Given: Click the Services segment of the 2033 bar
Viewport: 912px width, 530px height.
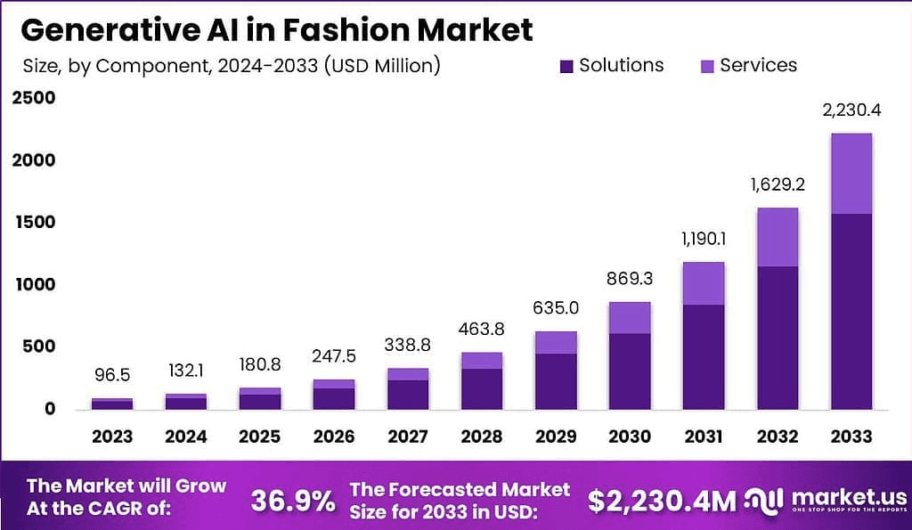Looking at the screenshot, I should tap(851, 174).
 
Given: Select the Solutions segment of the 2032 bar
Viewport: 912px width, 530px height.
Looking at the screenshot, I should tap(777, 338).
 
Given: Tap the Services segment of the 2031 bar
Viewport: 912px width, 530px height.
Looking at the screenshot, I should tap(703, 283).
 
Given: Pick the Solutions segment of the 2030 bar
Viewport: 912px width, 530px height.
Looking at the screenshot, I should tap(630, 371).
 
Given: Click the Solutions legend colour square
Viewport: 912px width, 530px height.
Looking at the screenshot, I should tap(566, 66).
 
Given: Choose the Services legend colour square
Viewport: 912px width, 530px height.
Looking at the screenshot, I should tap(707, 66).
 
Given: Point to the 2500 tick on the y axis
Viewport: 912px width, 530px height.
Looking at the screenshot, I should tap(34, 98).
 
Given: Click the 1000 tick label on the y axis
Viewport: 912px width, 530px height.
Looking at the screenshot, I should tap(34, 284).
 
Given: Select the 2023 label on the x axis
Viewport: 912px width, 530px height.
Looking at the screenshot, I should tap(112, 436).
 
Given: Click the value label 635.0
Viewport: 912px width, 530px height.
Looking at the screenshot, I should tap(556, 309).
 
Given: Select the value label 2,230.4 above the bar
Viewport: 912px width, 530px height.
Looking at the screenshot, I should tap(851, 111).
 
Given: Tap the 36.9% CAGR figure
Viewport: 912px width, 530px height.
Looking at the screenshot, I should tap(291, 501).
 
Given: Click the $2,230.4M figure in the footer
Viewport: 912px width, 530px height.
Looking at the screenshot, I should tap(662, 501).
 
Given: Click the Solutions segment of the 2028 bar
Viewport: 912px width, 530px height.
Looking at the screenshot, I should tap(482, 388).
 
